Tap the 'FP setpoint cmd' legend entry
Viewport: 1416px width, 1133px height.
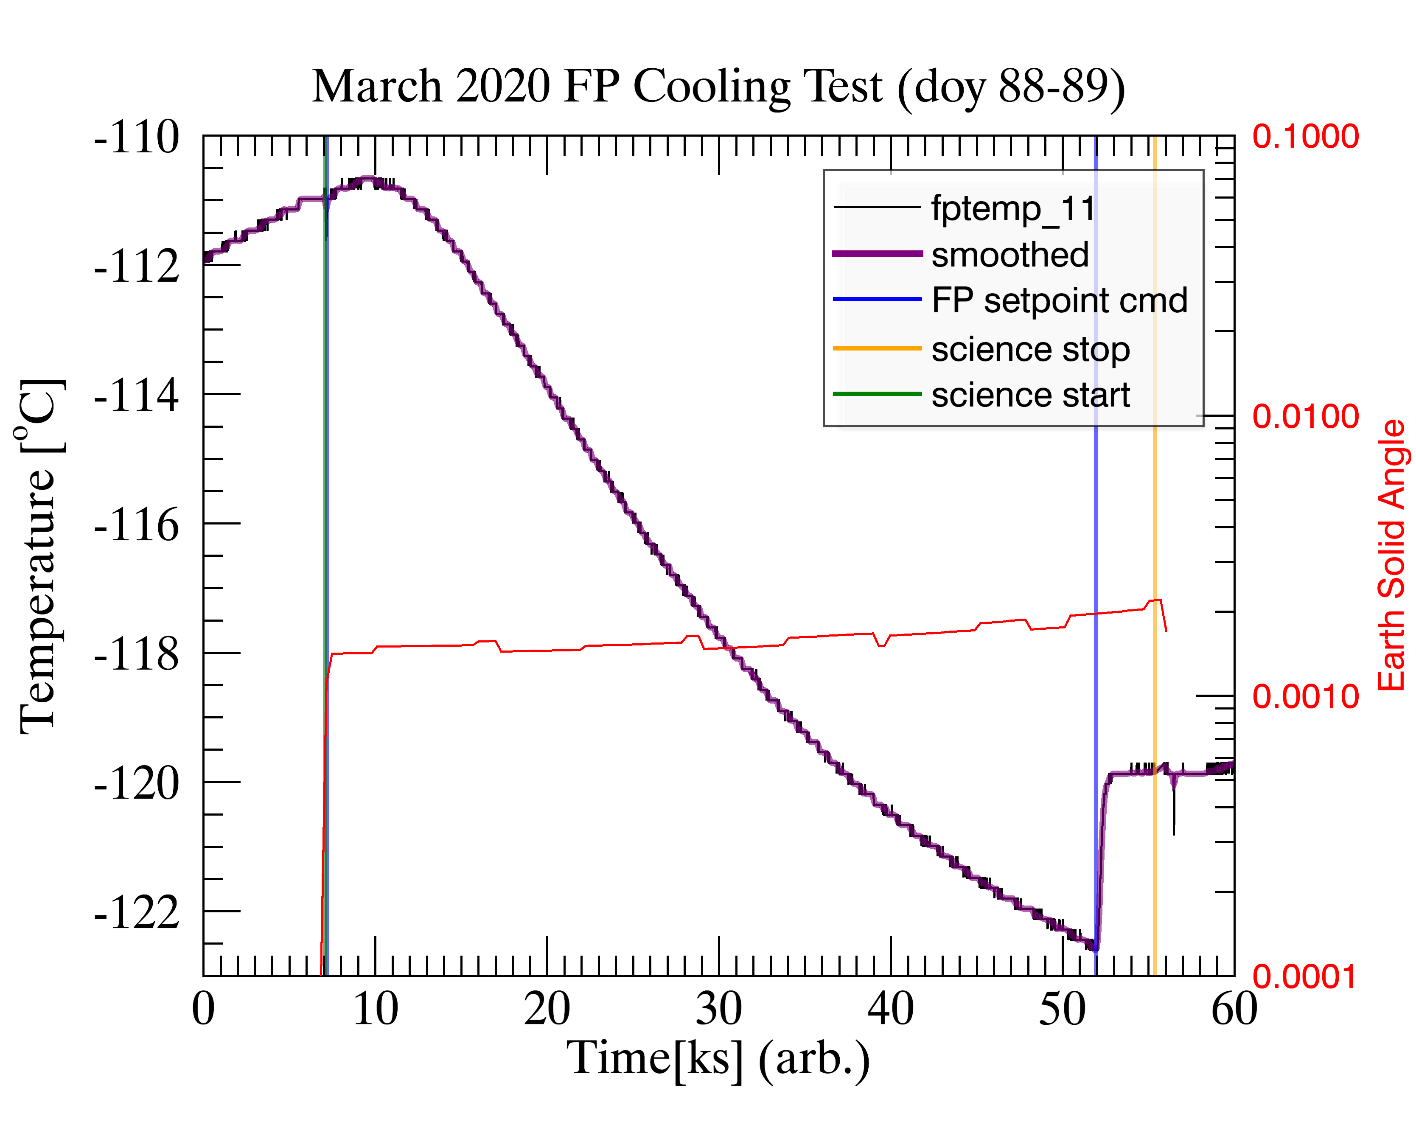(1059, 301)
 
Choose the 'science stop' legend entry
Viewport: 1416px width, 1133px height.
(1030, 349)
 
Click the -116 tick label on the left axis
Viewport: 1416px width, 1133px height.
(137, 525)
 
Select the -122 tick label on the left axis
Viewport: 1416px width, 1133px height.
(137, 912)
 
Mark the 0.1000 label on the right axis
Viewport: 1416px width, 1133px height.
(1305, 137)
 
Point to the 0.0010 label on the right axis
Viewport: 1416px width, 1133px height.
(1305, 696)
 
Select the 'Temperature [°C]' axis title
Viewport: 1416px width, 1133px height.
(41, 555)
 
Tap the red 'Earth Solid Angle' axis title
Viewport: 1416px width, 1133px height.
(1391, 555)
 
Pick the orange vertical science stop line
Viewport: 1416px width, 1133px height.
(1154, 525)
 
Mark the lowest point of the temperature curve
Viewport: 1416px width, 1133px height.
(1094, 948)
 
